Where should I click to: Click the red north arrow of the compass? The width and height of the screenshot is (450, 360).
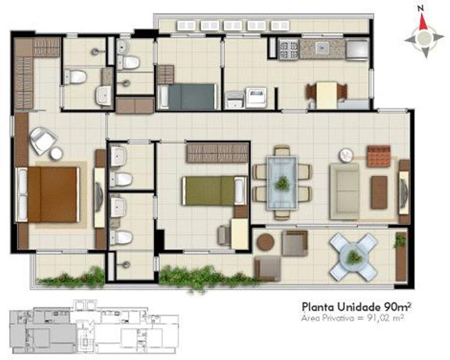click(x=423, y=23)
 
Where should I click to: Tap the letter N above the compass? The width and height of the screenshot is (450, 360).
click(x=421, y=9)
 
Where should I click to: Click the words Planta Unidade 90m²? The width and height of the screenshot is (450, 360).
click(x=356, y=307)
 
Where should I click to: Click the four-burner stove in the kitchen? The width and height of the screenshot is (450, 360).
click(x=289, y=50)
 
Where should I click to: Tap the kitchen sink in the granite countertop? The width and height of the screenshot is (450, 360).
click(x=323, y=47)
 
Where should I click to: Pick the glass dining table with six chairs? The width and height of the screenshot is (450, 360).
click(x=282, y=182)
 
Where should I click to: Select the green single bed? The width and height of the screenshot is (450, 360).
click(x=214, y=191)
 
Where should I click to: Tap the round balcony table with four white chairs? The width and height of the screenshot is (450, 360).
click(x=353, y=257)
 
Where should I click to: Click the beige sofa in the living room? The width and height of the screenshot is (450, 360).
click(x=344, y=191)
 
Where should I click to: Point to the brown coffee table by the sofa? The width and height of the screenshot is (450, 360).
click(x=379, y=193)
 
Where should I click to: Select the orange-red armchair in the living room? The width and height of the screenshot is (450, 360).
click(x=379, y=156)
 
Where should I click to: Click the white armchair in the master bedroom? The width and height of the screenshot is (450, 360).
click(x=43, y=140)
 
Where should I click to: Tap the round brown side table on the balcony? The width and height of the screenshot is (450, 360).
click(x=265, y=242)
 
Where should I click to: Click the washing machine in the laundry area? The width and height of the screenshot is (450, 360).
click(x=256, y=98)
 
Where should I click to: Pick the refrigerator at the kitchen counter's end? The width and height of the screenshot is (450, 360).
click(x=358, y=50)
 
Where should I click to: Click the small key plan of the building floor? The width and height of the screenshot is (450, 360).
click(x=94, y=326)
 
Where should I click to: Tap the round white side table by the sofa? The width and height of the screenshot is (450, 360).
click(x=346, y=155)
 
